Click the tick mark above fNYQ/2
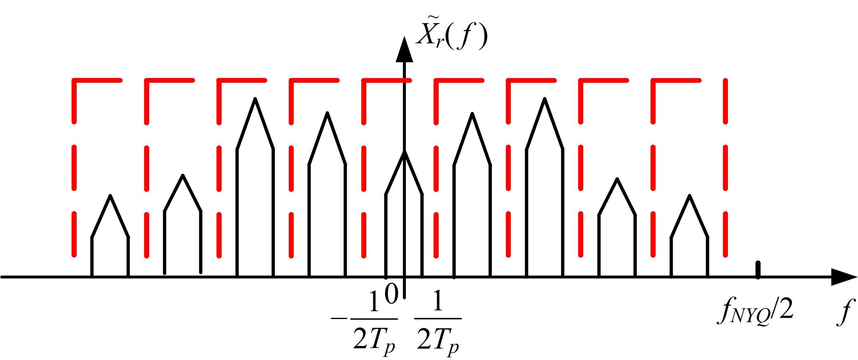point(758,269)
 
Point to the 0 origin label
point(391,295)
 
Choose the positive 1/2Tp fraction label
point(438,326)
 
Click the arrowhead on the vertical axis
point(404,50)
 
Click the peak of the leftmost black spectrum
point(110,195)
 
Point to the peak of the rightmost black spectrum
point(689,195)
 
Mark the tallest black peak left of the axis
point(255,98)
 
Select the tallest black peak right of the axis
point(545,98)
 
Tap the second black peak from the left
point(183,175)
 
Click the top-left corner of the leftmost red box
point(74,81)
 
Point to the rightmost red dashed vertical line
point(725,167)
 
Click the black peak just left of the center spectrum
point(327,113)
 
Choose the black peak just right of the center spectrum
point(472,114)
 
